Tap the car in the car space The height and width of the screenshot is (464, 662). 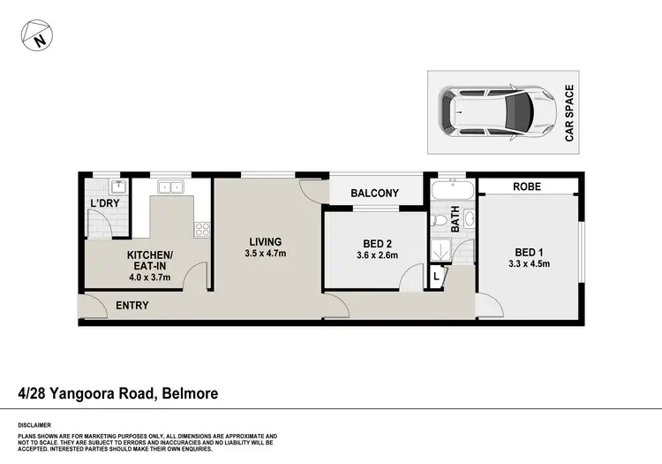click(x=499, y=111)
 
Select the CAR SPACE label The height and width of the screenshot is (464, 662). click(x=569, y=113)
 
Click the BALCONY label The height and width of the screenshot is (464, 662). click(x=374, y=194)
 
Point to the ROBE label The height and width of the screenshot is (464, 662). click(x=528, y=187)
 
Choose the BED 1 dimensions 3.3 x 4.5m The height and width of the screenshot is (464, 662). click(x=530, y=263)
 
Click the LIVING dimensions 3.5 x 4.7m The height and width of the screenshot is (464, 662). click(x=265, y=255)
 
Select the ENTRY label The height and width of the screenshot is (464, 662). click(x=132, y=306)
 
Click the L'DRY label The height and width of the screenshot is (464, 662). click(x=104, y=204)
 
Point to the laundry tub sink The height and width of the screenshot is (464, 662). click(x=117, y=186)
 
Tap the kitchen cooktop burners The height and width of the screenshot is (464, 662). click(x=202, y=229)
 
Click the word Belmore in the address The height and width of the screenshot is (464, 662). click(x=188, y=394)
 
